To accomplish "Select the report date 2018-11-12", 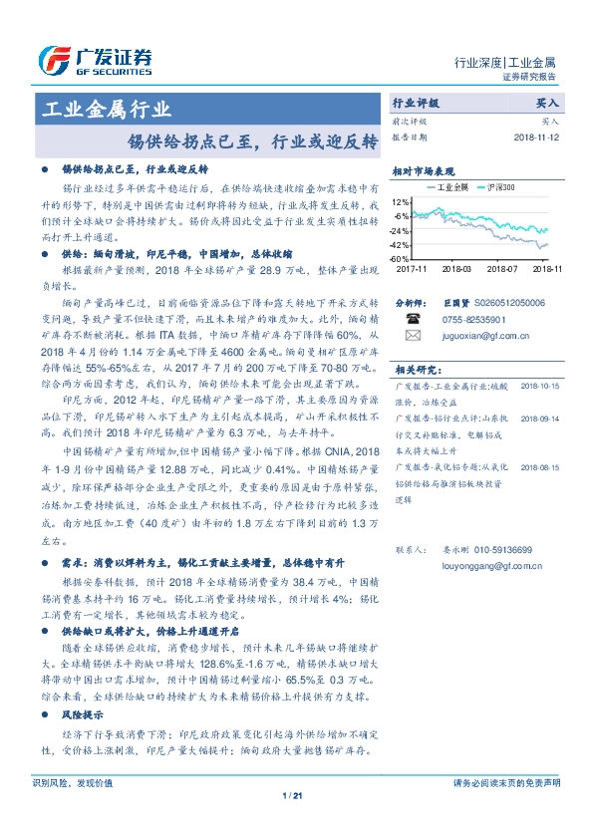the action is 538,137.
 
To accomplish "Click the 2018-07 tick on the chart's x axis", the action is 502,268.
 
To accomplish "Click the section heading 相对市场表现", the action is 423,170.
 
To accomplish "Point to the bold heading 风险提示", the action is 84,715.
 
